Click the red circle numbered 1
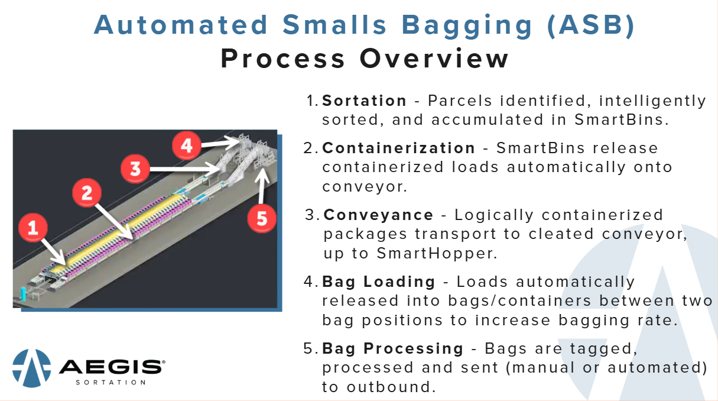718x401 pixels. (x=33, y=228)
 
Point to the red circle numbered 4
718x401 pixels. (x=187, y=144)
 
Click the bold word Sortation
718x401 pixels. (x=365, y=101)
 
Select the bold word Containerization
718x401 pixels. (x=399, y=148)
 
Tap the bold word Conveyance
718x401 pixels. (x=379, y=215)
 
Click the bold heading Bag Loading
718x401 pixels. (x=379, y=282)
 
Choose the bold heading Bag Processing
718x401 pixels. (x=393, y=348)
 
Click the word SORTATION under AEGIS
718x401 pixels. (x=111, y=383)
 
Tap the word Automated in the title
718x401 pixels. (x=181, y=25)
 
